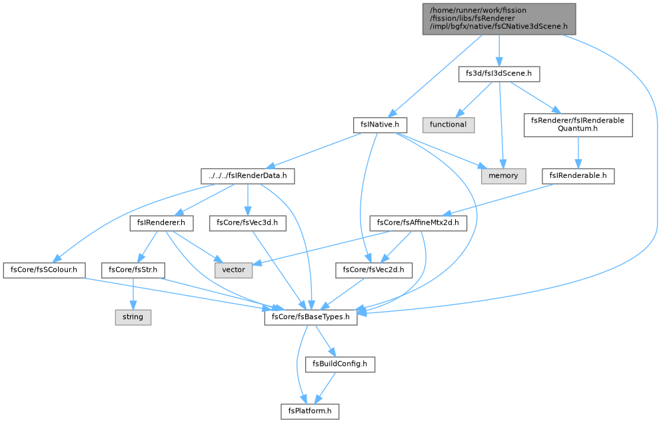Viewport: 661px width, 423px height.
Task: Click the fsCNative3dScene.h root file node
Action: (x=499, y=19)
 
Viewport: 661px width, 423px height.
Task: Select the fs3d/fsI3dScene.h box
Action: (x=499, y=74)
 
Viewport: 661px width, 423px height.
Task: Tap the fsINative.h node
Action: (x=380, y=125)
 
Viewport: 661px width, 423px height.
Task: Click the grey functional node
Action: (x=448, y=125)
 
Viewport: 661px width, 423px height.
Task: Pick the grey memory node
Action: (x=503, y=176)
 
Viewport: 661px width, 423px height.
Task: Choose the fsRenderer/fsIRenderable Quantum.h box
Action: (x=578, y=125)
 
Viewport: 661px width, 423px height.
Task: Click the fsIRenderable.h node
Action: (x=578, y=176)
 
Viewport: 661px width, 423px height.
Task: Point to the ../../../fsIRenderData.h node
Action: (x=248, y=176)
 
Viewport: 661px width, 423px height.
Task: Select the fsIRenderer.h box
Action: (x=161, y=223)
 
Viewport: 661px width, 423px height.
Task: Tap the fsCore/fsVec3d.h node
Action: (x=247, y=223)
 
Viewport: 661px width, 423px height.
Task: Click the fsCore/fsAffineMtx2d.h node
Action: (x=418, y=223)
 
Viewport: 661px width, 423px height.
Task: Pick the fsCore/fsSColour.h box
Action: (x=44, y=270)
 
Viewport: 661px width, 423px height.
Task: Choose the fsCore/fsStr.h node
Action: (x=133, y=270)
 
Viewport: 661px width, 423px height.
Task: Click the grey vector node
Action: (x=233, y=270)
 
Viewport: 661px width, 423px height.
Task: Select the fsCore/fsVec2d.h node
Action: (x=374, y=270)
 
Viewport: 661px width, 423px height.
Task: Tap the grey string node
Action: (x=133, y=317)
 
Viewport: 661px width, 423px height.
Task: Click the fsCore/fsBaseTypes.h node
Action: (x=311, y=317)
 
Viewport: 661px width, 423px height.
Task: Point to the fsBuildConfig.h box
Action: (x=340, y=364)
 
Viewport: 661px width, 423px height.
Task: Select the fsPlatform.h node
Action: (x=310, y=412)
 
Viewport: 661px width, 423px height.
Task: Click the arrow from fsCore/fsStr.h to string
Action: (x=133, y=294)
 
